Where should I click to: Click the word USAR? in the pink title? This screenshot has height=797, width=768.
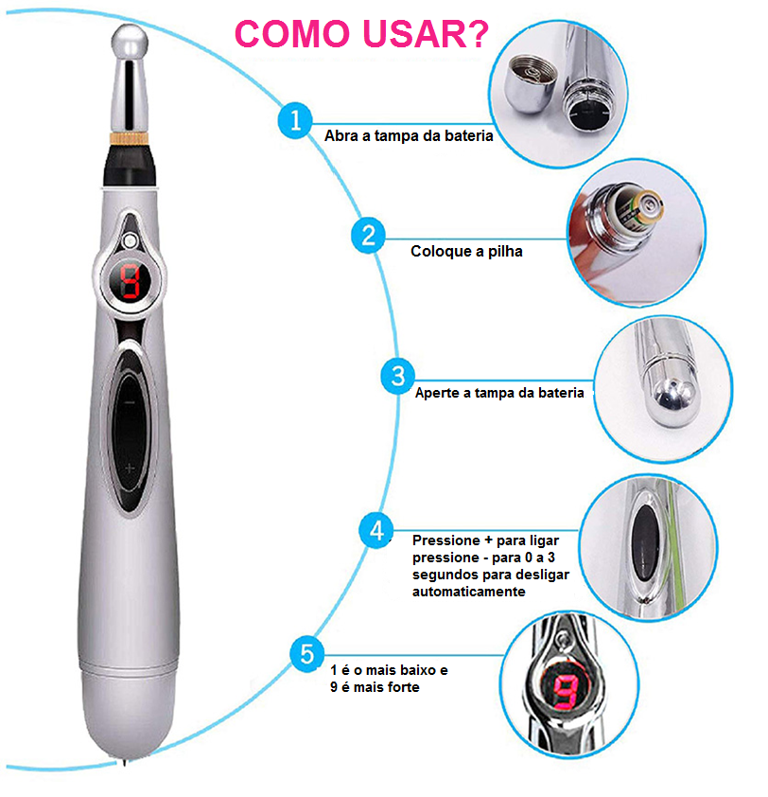426,35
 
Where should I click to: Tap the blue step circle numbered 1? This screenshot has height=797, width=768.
294,120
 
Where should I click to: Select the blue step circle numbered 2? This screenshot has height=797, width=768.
368,236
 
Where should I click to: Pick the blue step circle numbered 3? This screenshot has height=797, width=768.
397,377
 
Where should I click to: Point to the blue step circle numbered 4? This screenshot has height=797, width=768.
375,530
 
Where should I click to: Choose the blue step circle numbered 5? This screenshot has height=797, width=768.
306,655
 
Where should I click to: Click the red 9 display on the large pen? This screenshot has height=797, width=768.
130,281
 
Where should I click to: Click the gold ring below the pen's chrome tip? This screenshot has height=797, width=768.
129,138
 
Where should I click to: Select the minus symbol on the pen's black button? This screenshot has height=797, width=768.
130,402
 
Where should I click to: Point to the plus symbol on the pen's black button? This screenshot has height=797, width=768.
130,469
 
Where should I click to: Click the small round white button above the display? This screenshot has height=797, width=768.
130,240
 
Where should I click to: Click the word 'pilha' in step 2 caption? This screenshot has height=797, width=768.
505,251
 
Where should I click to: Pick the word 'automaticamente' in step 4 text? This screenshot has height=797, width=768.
469,592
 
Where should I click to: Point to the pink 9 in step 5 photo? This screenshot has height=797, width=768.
566,690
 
